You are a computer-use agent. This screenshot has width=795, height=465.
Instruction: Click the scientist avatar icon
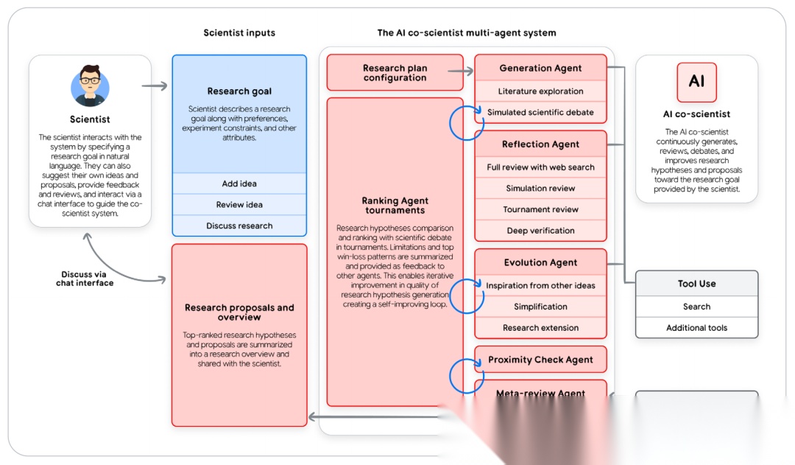90,85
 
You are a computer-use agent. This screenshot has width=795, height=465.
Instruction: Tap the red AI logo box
696,82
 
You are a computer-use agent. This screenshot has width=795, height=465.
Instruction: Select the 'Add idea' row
239,183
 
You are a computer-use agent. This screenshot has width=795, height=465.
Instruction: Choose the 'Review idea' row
239,205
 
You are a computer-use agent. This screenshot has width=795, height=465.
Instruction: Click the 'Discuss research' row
239,225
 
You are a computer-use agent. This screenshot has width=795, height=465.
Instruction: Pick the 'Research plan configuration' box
395,73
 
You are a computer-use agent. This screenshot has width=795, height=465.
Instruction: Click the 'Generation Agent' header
540,68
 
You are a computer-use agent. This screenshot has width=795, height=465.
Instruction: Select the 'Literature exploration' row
540,91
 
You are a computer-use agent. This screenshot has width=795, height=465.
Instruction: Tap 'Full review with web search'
540,167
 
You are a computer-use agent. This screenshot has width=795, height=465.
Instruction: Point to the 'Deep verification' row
540,231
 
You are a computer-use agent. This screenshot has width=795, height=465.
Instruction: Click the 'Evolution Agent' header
540,262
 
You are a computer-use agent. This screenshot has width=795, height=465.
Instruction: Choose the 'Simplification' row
540,307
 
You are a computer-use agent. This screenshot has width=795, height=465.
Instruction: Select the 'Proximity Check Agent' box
540,360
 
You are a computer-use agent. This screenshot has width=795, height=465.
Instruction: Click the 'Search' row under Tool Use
696,307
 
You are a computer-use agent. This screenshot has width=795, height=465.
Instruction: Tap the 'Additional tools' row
696,328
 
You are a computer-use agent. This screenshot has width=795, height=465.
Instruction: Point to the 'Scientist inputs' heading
239,32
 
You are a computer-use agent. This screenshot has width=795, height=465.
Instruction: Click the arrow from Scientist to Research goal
155,86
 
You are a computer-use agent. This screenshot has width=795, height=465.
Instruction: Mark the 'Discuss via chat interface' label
85,279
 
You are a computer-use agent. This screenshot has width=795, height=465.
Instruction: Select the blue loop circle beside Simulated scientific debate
466,122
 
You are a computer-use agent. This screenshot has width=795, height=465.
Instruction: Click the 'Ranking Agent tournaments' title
395,205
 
